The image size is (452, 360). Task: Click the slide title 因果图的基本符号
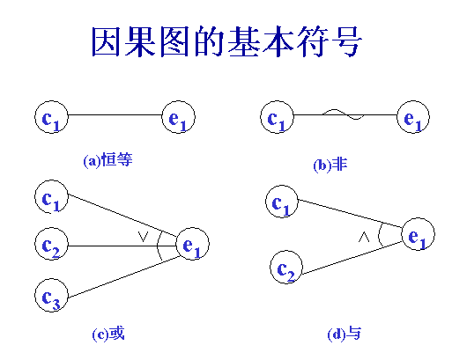point(226,41)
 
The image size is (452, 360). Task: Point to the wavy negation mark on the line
point(343,114)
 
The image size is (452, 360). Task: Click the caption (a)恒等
point(107,160)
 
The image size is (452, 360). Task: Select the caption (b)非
point(330,165)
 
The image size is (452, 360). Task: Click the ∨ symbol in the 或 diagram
point(143,237)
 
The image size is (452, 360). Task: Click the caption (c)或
point(108,334)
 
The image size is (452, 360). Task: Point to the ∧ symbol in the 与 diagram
point(364,237)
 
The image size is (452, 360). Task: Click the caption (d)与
point(344,334)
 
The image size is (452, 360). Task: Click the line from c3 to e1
point(123,277)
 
